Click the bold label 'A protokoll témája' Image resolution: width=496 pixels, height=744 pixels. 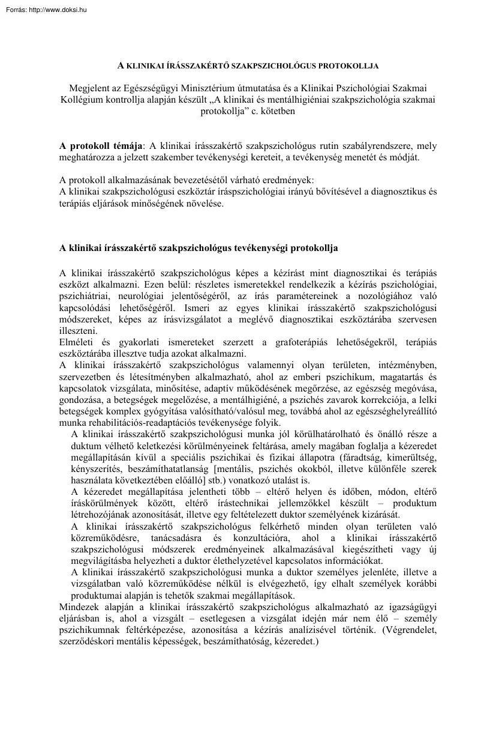[102, 146]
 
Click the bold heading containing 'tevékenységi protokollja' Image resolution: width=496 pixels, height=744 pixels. [199, 247]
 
